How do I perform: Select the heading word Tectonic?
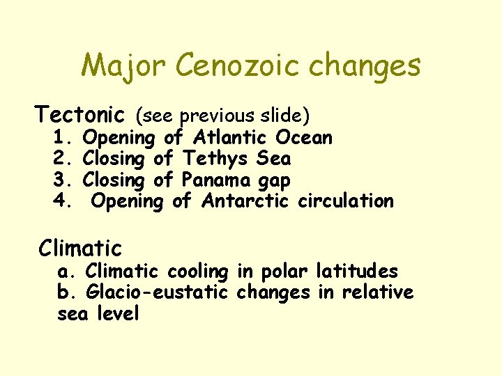80,113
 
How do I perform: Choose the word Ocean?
304,137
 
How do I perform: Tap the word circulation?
346,202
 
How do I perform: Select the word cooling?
196,272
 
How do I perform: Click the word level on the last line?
119,314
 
